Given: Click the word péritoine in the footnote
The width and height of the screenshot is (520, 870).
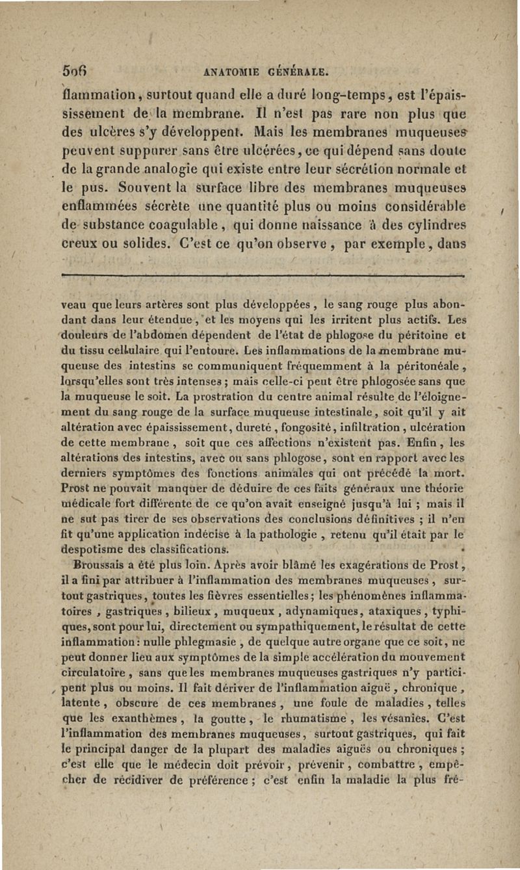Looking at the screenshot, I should (x=413, y=337).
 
